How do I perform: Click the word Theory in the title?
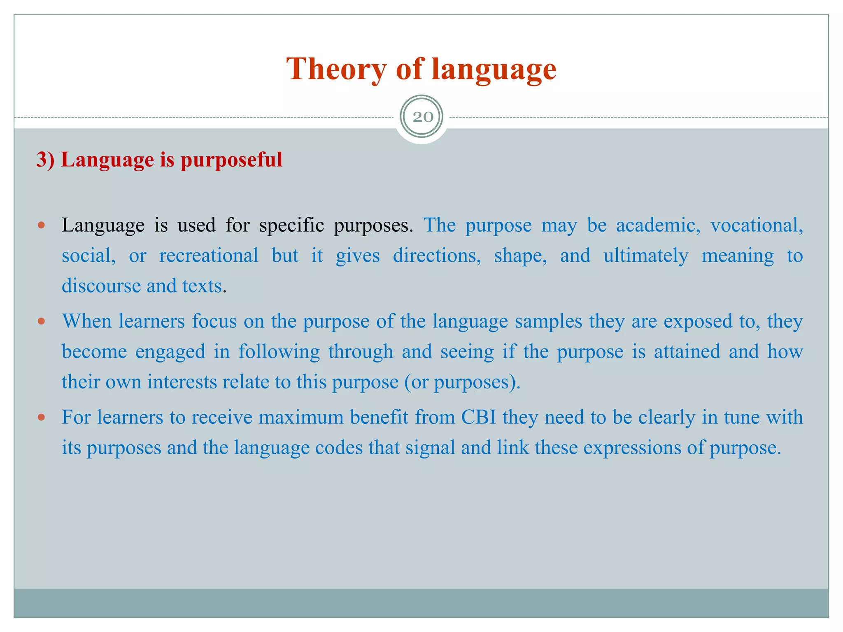pyautogui.click(x=336, y=69)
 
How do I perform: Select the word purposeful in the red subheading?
pyautogui.click(x=231, y=160)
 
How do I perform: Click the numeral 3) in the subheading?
pyautogui.click(x=45, y=160)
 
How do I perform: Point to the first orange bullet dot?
pyautogui.click(x=41, y=225)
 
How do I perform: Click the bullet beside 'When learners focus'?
pyautogui.click(x=41, y=321)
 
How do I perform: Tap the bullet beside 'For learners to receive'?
pyautogui.click(x=41, y=417)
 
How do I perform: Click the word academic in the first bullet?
pyautogui.click(x=658, y=225)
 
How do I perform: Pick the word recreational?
pyautogui.click(x=209, y=256)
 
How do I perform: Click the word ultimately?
pyautogui.click(x=645, y=256)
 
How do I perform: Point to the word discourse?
pyautogui.click(x=101, y=286)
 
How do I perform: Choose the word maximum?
pyautogui.click(x=301, y=417)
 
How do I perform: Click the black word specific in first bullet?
pyautogui.click(x=291, y=225)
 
